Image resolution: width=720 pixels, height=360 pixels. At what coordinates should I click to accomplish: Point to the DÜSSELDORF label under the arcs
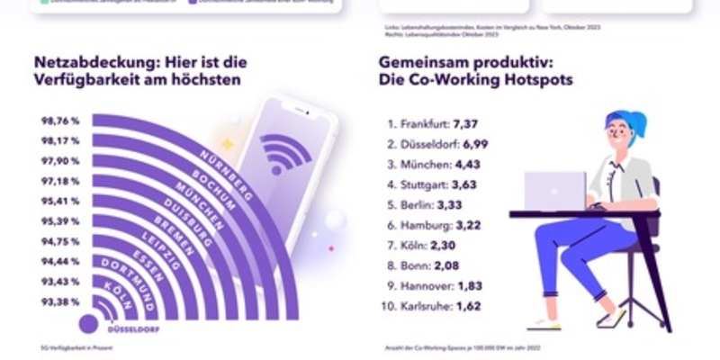(132, 329)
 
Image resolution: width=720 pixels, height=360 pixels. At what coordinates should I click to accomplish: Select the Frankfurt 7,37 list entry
(432, 123)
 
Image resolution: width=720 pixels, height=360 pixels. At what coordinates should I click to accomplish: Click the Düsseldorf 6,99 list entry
(436, 144)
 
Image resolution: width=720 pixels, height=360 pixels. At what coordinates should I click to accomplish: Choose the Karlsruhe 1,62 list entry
(431, 306)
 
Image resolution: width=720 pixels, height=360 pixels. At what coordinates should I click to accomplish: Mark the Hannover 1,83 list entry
(431, 286)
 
